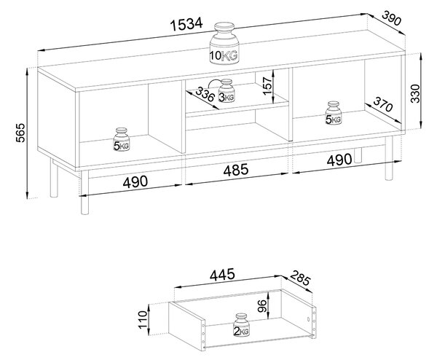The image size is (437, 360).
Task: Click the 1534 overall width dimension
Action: tap(186, 24)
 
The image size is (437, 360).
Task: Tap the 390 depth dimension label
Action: tap(392, 17)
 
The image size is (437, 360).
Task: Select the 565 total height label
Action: tap(20, 133)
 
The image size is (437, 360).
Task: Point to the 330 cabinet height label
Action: tap(415, 93)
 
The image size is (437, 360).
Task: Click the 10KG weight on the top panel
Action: tap(224, 44)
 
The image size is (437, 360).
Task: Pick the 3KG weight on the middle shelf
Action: tap(227, 91)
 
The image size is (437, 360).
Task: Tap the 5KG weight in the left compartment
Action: tap(122, 139)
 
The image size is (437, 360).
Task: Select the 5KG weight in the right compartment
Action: tap(334, 113)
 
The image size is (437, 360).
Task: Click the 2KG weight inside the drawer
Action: tap(241, 325)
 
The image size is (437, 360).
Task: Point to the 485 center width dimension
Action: tap(235, 170)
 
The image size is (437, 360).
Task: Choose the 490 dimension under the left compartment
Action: tap(135, 181)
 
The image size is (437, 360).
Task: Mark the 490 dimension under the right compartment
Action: tap(339, 160)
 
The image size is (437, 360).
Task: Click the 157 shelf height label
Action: tap(267, 86)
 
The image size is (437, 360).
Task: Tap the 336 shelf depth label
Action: tap(205, 94)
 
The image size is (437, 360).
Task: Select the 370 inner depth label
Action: tap(382, 103)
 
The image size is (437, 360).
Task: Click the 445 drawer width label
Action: tap(222, 275)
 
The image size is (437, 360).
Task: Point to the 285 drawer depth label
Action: tap(300, 278)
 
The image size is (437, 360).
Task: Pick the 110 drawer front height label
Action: tap(143, 320)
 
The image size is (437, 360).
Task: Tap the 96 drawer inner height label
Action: tap(262, 306)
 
